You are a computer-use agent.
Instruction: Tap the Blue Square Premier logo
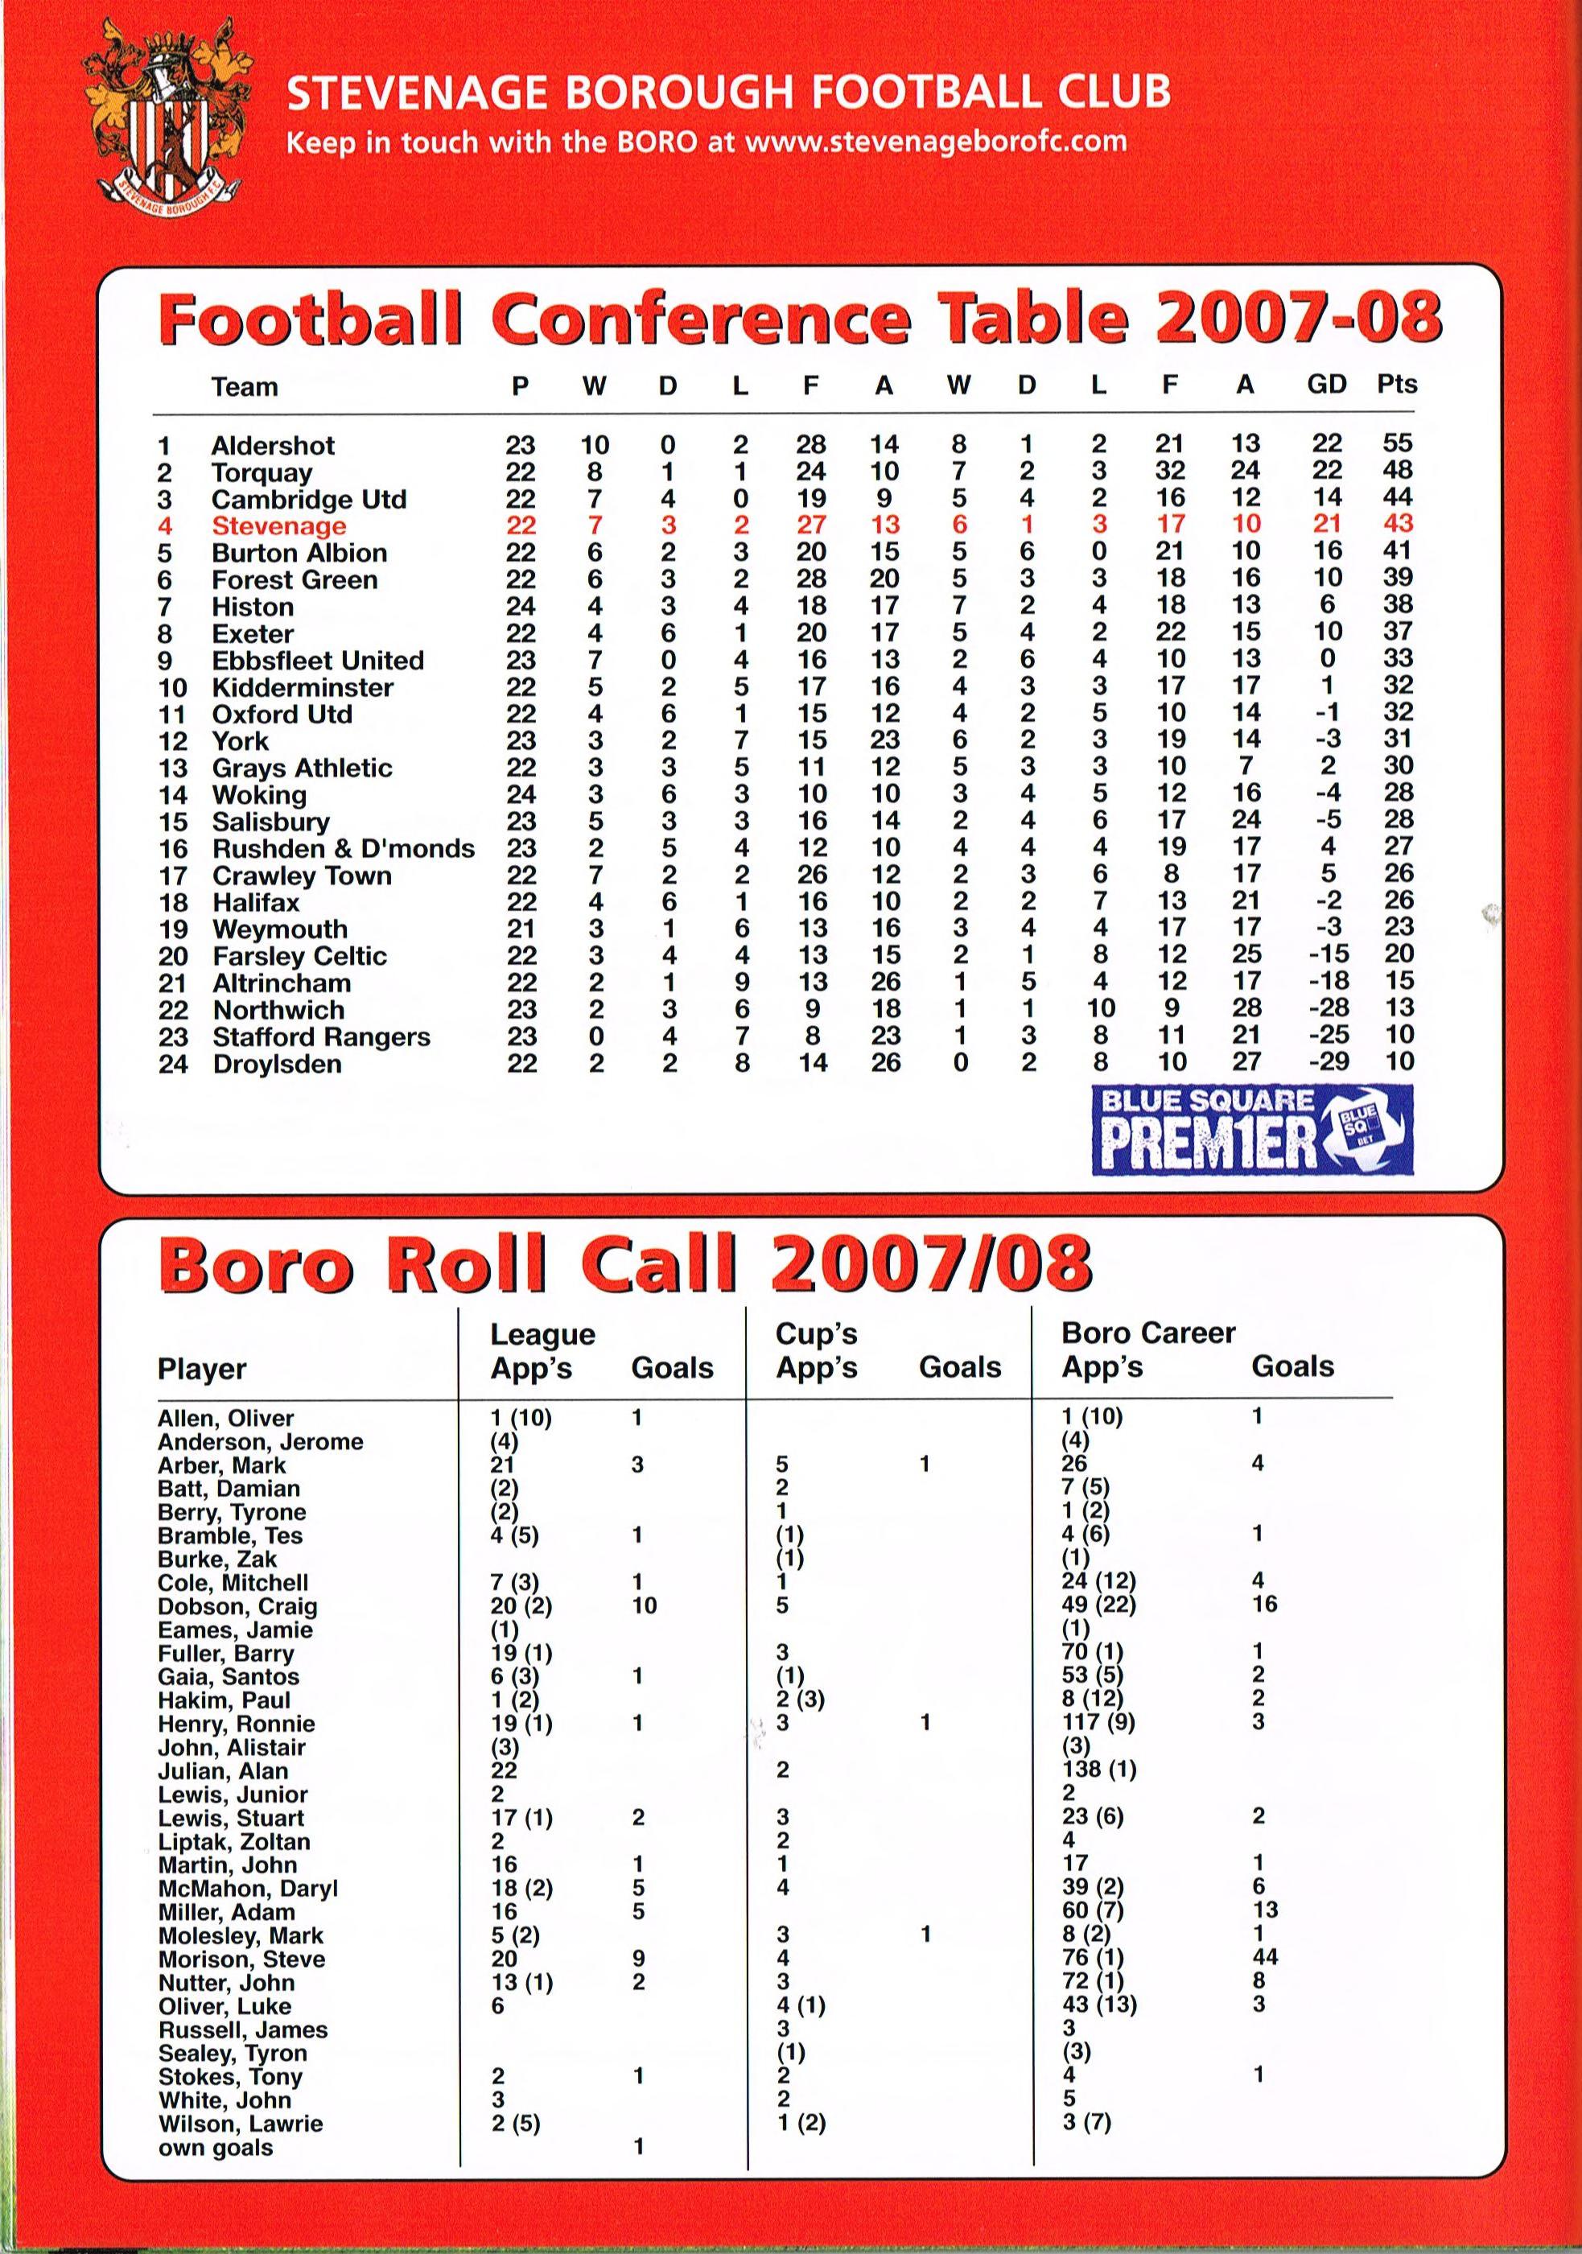click(x=1251, y=1129)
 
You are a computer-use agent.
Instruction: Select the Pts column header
click(x=1396, y=384)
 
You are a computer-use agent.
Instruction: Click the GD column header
click(x=1326, y=384)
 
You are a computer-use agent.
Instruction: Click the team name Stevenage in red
click(x=278, y=526)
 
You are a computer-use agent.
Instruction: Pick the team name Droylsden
click(x=277, y=1064)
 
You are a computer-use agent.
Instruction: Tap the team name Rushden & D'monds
click(x=344, y=848)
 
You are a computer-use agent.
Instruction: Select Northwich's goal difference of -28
click(x=1328, y=1008)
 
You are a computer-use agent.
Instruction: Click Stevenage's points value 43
click(x=1398, y=525)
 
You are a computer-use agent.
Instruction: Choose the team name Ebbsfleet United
click(x=318, y=661)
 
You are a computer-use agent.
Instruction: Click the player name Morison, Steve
click(x=241, y=1959)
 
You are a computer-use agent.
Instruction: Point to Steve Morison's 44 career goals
click(x=1265, y=1958)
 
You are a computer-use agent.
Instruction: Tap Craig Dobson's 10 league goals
click(x=644, y=1605)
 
